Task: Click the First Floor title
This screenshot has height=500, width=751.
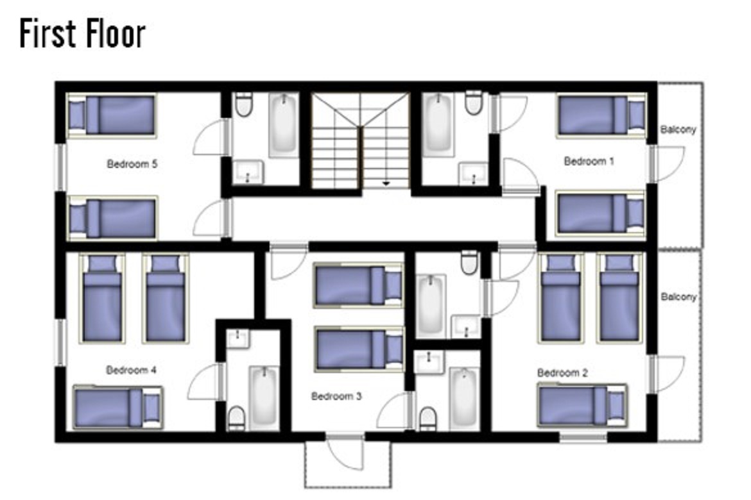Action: click(82, 33)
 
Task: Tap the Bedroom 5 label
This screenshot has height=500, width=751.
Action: click(132, 164)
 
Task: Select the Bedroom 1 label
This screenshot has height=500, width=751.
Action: click(589, 162)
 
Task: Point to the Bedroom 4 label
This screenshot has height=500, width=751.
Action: click(131, 370)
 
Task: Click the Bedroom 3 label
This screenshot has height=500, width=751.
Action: click(336, 396)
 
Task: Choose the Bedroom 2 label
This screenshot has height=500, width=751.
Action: click(562, 372)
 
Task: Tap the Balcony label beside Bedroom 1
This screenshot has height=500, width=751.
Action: click(678, 129)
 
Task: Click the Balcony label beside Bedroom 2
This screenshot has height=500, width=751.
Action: click(678, 297)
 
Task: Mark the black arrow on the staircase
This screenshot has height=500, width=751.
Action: click(386, 183)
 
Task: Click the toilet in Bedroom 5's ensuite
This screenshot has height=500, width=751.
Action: click(244, 104)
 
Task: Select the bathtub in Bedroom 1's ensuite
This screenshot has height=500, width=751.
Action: click(438, 124)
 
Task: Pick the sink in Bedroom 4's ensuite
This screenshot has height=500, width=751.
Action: click(237, 338)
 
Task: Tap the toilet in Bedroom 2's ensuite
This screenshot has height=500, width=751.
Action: click(469, 262)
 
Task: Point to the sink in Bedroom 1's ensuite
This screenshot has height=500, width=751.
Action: click(473, 174)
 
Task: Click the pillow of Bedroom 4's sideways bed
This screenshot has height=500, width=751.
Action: click(151, 407)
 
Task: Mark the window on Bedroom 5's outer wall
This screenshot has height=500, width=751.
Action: click(61, 167)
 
